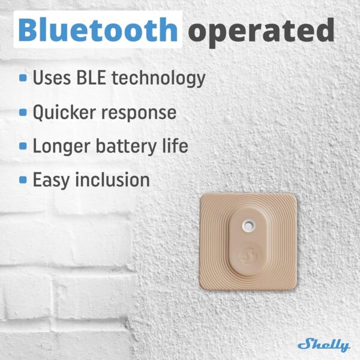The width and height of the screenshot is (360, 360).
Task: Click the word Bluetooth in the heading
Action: click(x=98, y=30)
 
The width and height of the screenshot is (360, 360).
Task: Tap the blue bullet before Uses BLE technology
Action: click(x=23, y=78)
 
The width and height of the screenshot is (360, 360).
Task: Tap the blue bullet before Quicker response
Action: click(x=23, y=112)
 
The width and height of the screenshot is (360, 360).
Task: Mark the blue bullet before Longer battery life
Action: click(x=23, y=146)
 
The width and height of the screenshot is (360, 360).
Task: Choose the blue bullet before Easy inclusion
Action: click(x=23, y=179)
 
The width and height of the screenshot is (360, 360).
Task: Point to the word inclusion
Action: click(x=117, y=179)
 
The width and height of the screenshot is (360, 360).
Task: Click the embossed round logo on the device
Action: click(x=247, y=257)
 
